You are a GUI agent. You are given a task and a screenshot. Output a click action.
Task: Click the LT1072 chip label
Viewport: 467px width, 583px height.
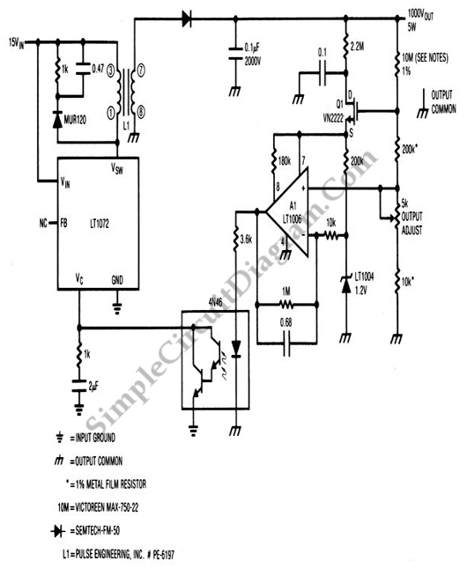tap(100, 224)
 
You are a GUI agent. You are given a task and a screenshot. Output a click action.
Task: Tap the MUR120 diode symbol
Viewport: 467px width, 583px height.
tap(57, 120)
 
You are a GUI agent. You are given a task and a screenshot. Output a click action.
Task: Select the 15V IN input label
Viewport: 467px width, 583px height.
tap(17, 43)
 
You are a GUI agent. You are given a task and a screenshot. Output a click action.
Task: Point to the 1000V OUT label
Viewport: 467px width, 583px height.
tap(421, 15)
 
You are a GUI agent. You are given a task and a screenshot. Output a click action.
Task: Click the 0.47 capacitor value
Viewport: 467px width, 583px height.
tap(98, 69)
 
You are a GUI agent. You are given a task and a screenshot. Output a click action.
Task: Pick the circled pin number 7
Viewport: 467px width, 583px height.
tap(141, 70)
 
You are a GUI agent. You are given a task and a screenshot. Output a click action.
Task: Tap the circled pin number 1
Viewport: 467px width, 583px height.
tap(111, 114)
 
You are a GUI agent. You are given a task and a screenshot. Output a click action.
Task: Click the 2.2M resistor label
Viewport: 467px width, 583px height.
tap(357, 47)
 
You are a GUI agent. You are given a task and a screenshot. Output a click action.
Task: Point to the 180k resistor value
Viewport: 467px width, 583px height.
tap(285, 162)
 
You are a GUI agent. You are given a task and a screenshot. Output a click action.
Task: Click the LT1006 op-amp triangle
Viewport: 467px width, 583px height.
tap(287, 212)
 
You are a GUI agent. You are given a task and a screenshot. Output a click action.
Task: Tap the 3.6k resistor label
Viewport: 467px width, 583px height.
tap(247, 240)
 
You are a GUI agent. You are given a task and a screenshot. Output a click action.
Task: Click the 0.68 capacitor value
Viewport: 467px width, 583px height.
tap(285, 322)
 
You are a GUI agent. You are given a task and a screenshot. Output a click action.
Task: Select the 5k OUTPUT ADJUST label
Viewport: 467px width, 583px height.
tap(411, 217)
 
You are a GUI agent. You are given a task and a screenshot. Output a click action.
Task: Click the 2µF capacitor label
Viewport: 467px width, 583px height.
tap(93, 387)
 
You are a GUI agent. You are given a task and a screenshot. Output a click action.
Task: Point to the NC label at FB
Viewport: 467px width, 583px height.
tap(43, 223)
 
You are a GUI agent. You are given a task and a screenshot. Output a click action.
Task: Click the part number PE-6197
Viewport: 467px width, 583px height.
tap(163, 555)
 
